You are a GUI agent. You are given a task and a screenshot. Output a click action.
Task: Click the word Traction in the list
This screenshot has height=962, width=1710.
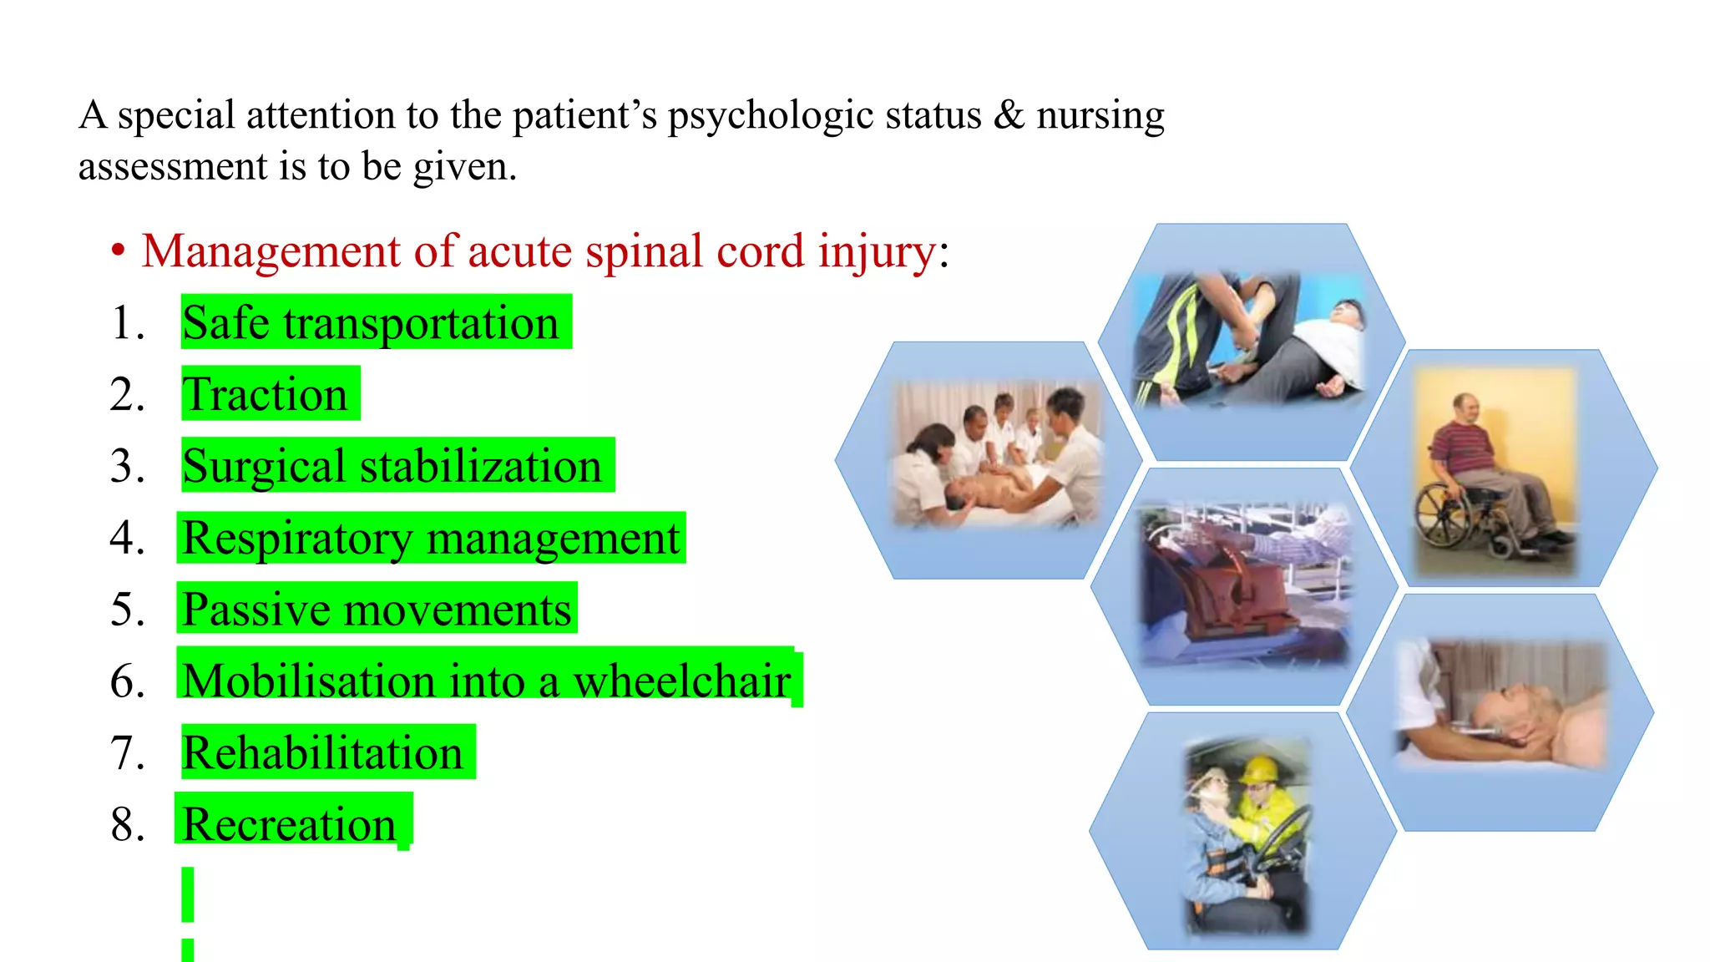265,394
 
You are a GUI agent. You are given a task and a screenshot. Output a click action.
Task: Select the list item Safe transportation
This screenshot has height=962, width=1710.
370,323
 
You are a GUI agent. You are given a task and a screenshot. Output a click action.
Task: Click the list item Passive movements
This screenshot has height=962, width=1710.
377,609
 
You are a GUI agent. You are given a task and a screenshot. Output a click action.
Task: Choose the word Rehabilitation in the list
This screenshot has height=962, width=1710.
322,752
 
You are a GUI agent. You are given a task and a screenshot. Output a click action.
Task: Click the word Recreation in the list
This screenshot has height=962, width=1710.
289,824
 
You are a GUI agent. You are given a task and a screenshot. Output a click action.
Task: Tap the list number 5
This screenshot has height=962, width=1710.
127,609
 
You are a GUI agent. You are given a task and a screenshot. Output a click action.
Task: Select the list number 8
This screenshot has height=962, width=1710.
127,824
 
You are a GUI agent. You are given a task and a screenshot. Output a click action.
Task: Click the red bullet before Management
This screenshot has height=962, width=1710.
119,251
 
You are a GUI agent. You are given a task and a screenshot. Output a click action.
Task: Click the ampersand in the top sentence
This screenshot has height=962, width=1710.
1009,114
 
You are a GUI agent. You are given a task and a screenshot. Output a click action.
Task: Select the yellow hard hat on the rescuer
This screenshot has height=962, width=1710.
1257,770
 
